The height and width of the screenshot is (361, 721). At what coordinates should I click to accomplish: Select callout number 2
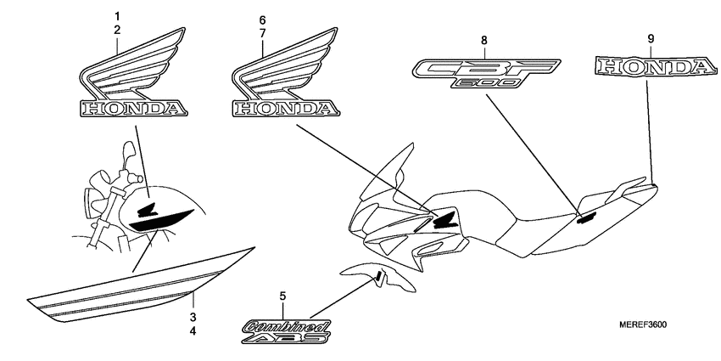[x=118, y=30]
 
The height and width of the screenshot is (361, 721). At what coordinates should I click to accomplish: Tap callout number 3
[x=193, y=317]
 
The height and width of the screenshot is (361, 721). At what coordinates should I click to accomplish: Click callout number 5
[x=283, y=296]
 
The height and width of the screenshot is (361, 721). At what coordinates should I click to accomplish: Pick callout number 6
[x=262, y=19]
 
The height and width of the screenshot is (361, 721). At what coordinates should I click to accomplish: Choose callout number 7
[x=262, y=32]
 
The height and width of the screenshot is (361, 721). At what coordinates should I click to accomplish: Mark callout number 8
[x=483, y=40]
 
